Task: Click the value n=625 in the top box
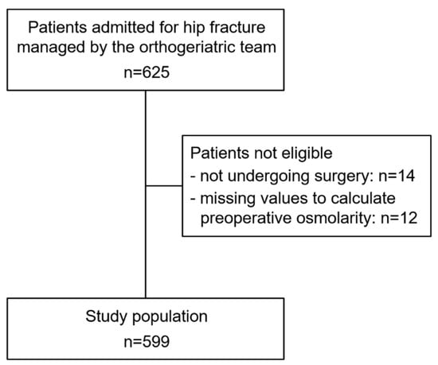(147, 72)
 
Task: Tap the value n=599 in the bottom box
(147, 342)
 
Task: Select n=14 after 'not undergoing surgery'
(397, 176)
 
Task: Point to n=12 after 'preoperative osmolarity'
(399, 218)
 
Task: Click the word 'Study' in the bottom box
(107, 317)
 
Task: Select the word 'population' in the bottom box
(170, 317)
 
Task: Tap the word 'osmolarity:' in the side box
(336, 218)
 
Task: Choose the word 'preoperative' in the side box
(246, 219)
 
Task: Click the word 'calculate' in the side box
(363, 198)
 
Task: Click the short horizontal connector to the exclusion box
(164, 186)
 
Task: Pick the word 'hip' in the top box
(194, 28)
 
